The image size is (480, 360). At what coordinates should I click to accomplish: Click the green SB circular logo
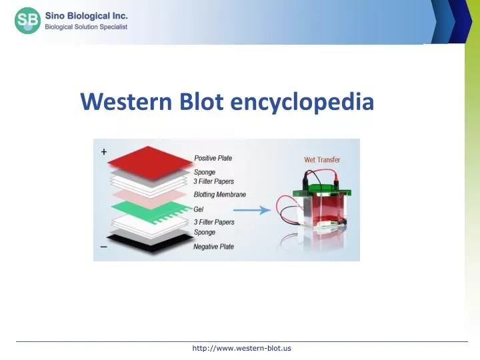pos(27,21)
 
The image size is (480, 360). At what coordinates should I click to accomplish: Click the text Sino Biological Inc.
pos(86,15)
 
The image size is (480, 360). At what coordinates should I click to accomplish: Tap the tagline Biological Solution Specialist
pos(86,27)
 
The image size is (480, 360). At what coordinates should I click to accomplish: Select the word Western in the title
pos(126,102)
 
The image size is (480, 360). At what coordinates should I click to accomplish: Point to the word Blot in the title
pos(201,102)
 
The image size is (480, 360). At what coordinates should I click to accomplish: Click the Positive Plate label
pos(213,158)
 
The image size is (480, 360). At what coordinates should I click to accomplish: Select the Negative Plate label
pos(214,247)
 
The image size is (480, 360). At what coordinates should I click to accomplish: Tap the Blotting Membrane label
pos(220,195)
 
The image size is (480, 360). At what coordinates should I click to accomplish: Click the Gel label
pos(199,209)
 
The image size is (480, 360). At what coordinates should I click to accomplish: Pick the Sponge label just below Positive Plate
pos(205,172)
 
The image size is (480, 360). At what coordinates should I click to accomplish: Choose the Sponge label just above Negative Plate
pos(205,233)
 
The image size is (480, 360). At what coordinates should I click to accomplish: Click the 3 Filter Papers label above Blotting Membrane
pos(214,181)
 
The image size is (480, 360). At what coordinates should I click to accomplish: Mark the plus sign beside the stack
pos(103,151)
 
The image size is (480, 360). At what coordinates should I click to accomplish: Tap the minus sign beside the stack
pos(103,247)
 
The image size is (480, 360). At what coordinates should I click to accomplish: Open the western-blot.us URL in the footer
pos(241,348)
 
